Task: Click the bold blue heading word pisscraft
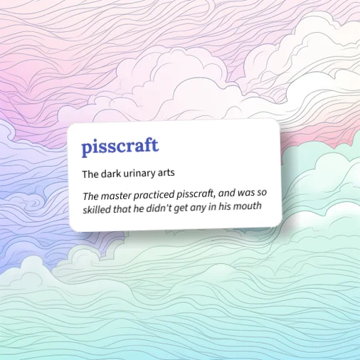click(x=120, y=147)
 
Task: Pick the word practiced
click(x=152, y=195)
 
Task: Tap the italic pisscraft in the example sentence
click(x=196, y=194)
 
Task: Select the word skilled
click(x=97, y=208)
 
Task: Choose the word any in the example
click(x=206, y=207)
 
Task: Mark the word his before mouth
click(x=228, y=206)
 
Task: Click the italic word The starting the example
click(x=91, y=197)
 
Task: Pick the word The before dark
click(x=90, y=173)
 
